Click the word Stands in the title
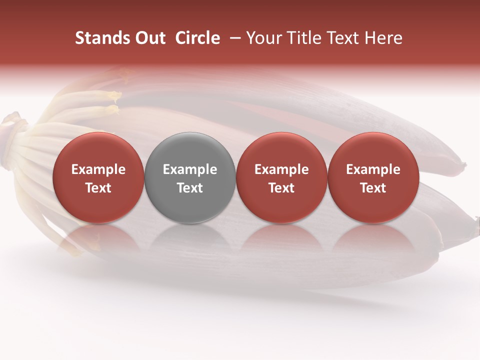click(x=99, y=38)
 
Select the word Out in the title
click(x=148, y=38)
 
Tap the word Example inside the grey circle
click(x=190, y=169)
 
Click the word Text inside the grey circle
click(x=190, y=188)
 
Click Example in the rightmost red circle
click(x=373, y=169)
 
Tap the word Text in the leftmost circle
click(x=98, y=188)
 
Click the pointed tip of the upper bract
click(x=464, y=164)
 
